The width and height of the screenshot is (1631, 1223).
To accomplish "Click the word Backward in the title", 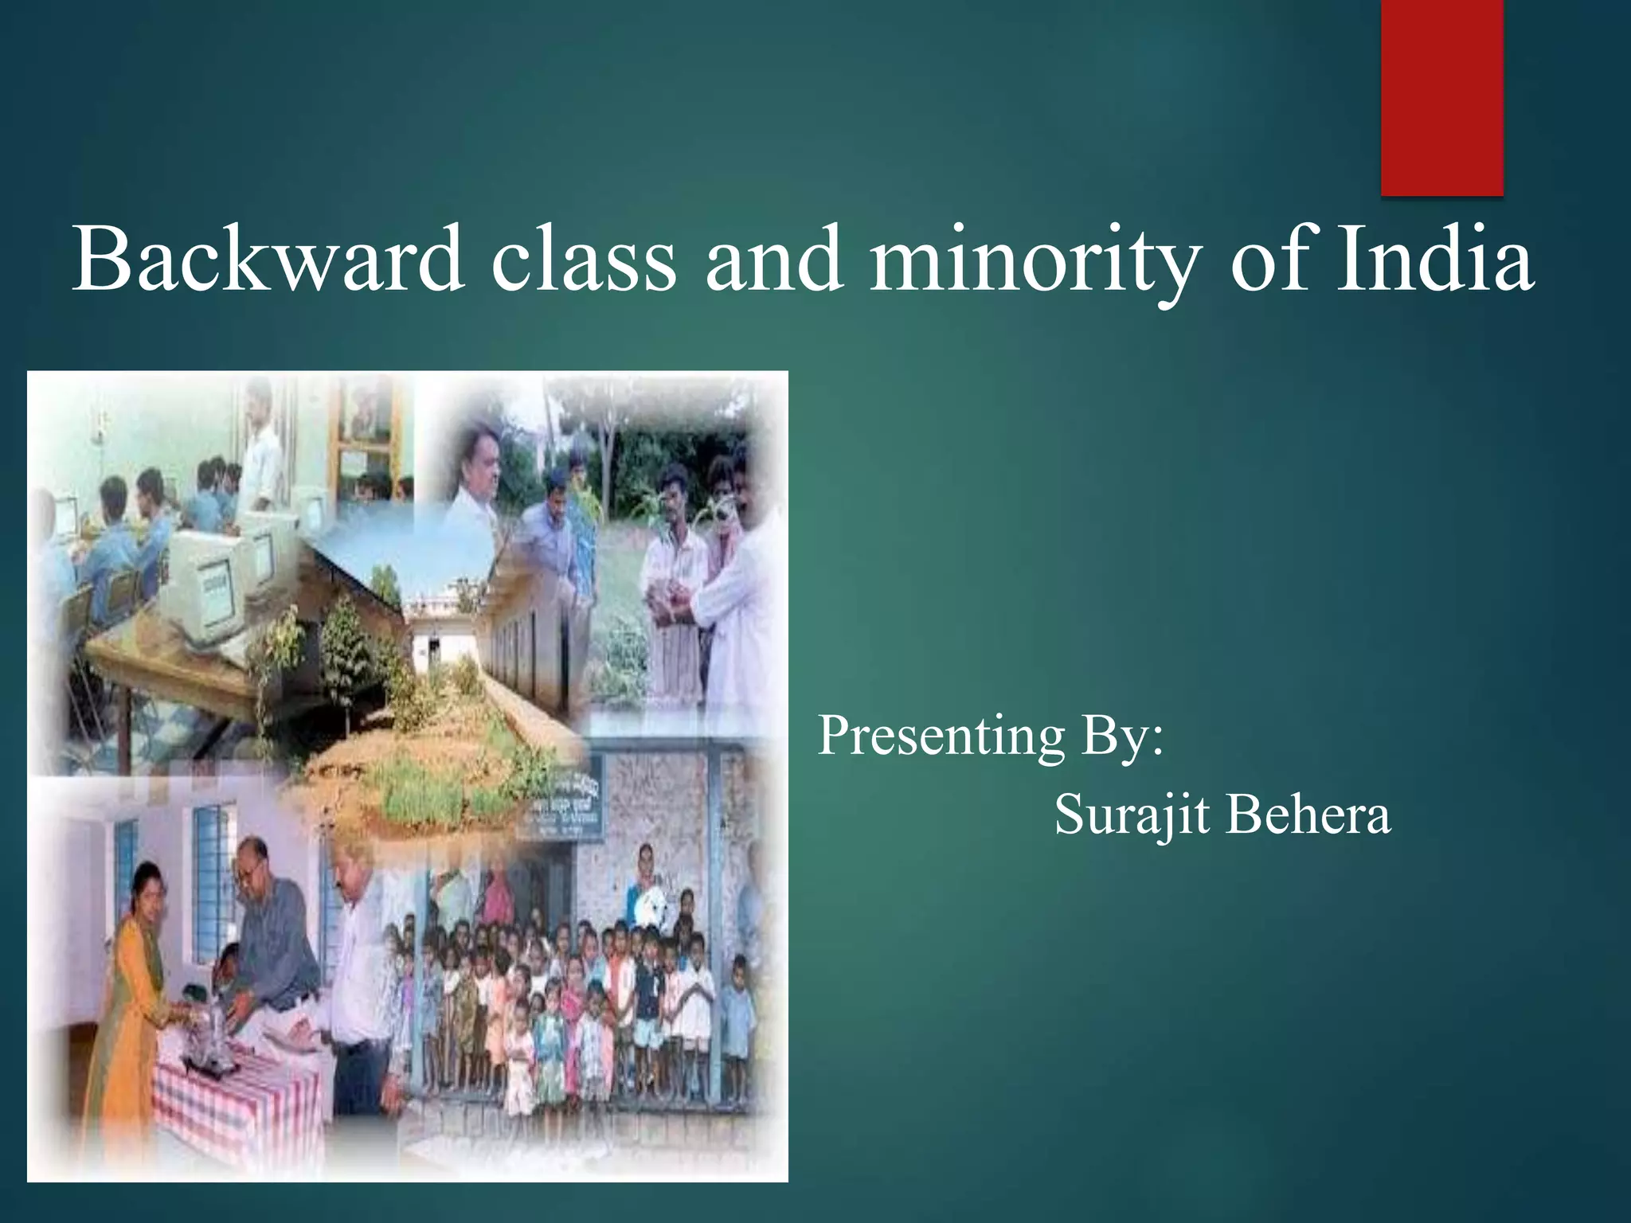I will [x=268, y=260].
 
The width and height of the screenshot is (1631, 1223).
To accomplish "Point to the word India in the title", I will [x=1433, y=260].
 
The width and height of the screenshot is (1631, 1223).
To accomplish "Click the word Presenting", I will [x=941, y=737].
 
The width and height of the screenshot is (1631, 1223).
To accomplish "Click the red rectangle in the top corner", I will [x=1441, y=96].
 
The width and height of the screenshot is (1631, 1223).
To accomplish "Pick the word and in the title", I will [x=772, y=260].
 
